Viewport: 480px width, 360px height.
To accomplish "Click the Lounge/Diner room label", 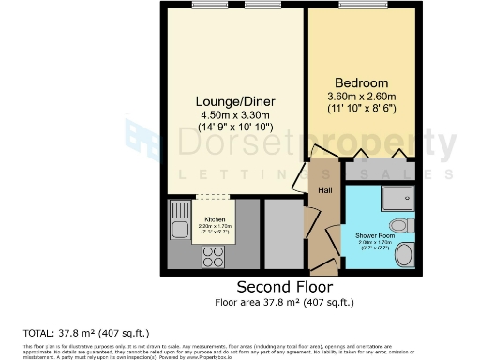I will pyautogui.click(x=232, y=101).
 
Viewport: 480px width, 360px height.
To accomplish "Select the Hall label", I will pyautogui.click(x=324, y=190).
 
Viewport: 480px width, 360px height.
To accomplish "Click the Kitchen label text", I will pyautogui.click(x=214, y=218).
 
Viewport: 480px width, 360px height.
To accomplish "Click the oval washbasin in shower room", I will pyautogui.click(x=405, y=254).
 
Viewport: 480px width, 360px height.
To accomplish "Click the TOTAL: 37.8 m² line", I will pyautogui.click(x=85, y=332).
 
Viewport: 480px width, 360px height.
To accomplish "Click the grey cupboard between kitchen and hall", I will pyautogui.click(x=282, y=233).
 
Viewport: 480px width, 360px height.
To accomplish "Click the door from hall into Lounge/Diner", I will pyautogui.click(x=301, y=176).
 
